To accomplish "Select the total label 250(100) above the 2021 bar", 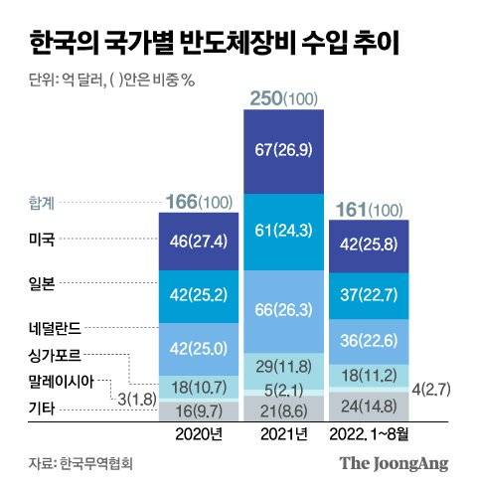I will coord(285,100).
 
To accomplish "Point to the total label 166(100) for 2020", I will coord(201,202).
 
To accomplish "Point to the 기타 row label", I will coord(42,408).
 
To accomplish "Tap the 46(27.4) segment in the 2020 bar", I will coord(201,242).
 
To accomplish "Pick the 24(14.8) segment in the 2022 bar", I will coord(370,406).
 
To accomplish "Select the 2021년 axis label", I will coord(285,434).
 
